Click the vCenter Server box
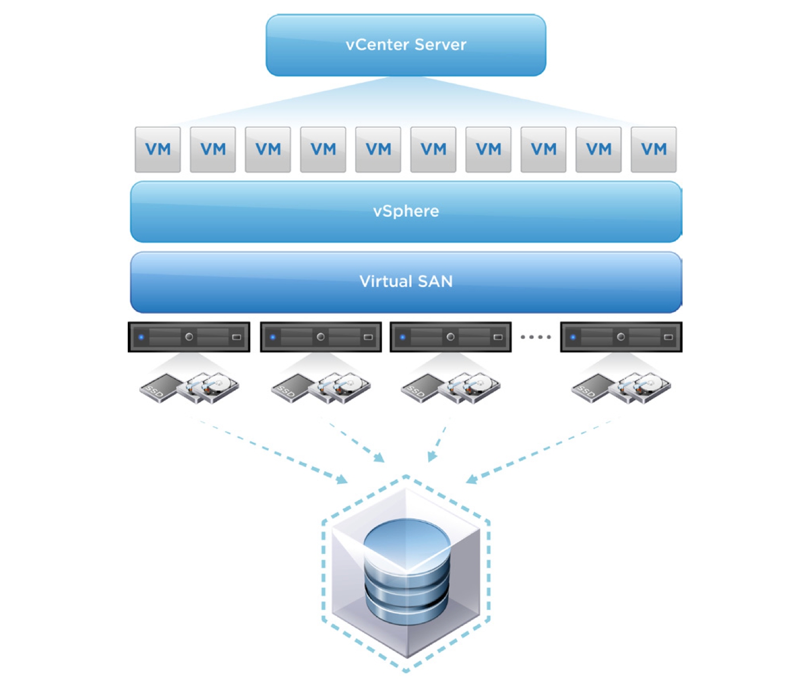(405, 45)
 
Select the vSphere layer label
(405, 211)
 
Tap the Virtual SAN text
(405, 281)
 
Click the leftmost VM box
(157, 149)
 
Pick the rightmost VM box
(653, 149)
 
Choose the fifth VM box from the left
(378, 149)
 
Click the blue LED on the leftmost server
(141, 337)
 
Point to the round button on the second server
(320, 337)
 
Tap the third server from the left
(450, 337)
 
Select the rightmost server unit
(621, 337)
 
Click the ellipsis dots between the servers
(535, 337)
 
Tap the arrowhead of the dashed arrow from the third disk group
(432, 456)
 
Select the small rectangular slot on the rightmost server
(668, 337)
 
